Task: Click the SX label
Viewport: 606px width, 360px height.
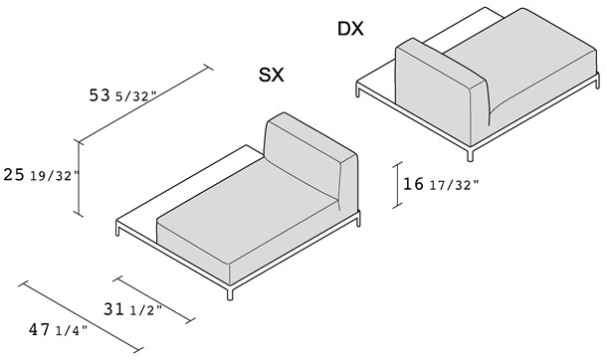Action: [272, 75]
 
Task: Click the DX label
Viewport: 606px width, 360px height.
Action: [350, 29]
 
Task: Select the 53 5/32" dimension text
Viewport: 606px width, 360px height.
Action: [122, 95]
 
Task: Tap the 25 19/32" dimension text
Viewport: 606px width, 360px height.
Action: [41, 175]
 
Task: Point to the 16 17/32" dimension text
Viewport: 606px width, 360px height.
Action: [441, 184]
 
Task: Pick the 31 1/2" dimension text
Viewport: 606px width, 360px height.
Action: [132, 309]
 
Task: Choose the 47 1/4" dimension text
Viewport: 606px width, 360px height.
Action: [58, 330]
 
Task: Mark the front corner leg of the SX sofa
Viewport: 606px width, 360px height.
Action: [230, 293]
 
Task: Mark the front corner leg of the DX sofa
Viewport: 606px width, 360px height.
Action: [470, 154]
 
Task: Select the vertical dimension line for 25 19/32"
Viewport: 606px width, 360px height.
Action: [79, 179]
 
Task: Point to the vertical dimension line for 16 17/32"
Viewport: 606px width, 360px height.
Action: [397, 185]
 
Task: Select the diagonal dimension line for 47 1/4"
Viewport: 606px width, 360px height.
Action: [81, 316]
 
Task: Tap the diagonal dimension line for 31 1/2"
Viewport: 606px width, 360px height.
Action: [154, 299]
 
